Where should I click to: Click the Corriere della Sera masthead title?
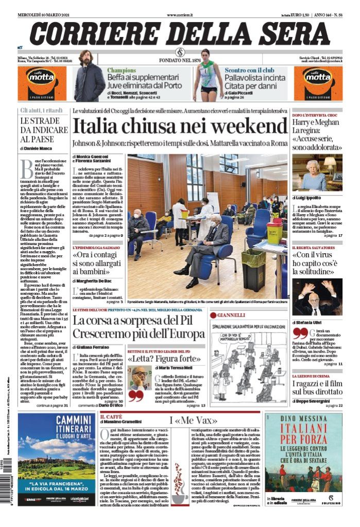[x=180, y=32]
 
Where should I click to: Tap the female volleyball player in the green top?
[x=208, y=75]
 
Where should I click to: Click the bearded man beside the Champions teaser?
[x=90, y=76]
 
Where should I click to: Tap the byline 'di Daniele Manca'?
[x=37, y=148]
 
